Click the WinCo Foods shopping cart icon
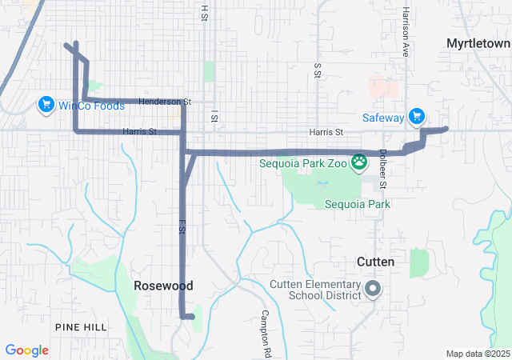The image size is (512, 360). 46,105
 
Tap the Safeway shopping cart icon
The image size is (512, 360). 416,118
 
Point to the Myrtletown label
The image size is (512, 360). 478,42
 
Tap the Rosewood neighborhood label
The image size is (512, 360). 163,286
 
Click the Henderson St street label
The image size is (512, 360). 165,102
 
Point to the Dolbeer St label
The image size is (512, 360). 383,169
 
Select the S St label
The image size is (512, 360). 318,72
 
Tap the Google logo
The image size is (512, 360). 27,350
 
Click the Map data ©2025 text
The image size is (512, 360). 478,354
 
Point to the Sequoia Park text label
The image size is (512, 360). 358,204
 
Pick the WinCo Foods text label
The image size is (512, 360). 90,106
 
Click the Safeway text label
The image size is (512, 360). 383,118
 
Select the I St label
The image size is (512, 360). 214,117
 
